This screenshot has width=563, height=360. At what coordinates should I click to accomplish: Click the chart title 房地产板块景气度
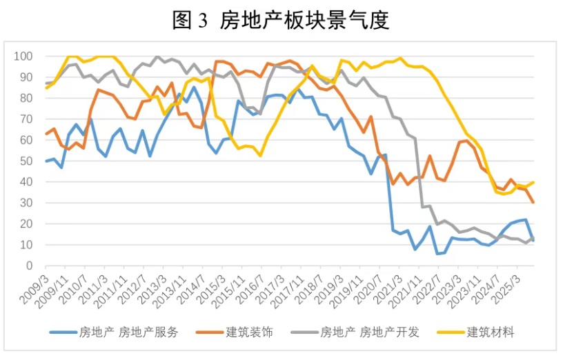[304, 21]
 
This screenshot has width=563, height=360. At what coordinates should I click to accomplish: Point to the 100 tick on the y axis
[24, 56]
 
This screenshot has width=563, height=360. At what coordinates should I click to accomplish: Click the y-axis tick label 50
[27, 161]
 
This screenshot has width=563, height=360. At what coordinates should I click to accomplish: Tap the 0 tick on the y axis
[30, 266]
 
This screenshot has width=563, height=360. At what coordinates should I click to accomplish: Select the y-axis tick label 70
[27, 119]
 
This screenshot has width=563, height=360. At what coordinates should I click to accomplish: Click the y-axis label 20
[27, 223]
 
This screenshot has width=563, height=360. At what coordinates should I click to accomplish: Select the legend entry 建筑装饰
[250, 332]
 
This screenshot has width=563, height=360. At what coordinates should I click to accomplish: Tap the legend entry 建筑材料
[491, 332]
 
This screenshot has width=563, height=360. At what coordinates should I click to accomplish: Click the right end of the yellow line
[534, 182]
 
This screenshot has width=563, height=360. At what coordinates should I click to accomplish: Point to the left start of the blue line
[46, 161]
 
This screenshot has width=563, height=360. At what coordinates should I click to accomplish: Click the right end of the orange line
[534, 202]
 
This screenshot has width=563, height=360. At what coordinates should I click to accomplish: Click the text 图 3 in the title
[190, 21]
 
